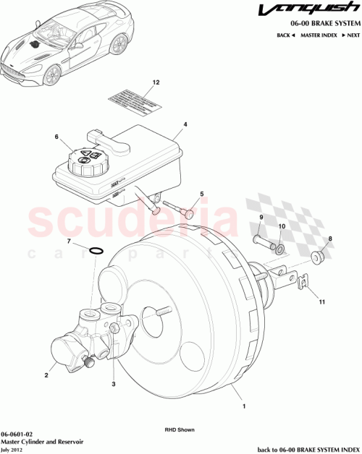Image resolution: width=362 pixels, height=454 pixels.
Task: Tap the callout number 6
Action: click(x=56, y=137)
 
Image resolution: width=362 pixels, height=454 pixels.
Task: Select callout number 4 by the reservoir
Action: click(x=185, y=124)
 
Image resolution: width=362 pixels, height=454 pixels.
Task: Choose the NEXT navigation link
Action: click(x=352, y=35)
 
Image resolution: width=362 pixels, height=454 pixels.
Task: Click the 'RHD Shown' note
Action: click(x=180, y=429)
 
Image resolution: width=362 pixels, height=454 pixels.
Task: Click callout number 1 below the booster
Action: click(x=244, y=407)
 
